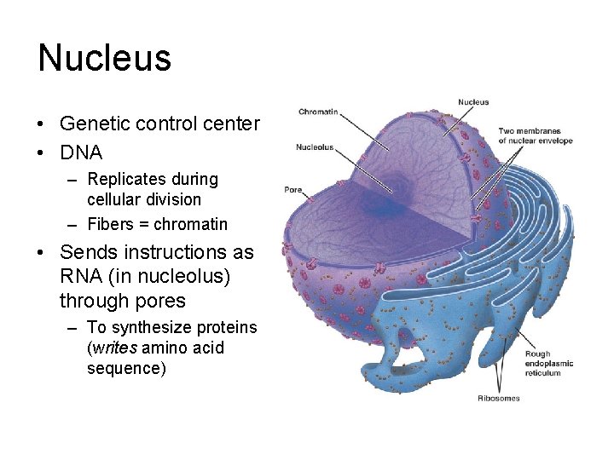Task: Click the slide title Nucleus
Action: pos(104,59)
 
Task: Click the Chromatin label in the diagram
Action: pos(319,111)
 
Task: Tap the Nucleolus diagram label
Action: pos(315,147)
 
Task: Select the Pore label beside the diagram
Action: pos(293,189)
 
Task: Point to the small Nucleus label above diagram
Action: pos(473,102)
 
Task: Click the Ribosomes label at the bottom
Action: pos(499,398)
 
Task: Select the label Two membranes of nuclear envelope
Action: pos(535,135)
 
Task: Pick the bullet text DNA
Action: pos(81,153)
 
